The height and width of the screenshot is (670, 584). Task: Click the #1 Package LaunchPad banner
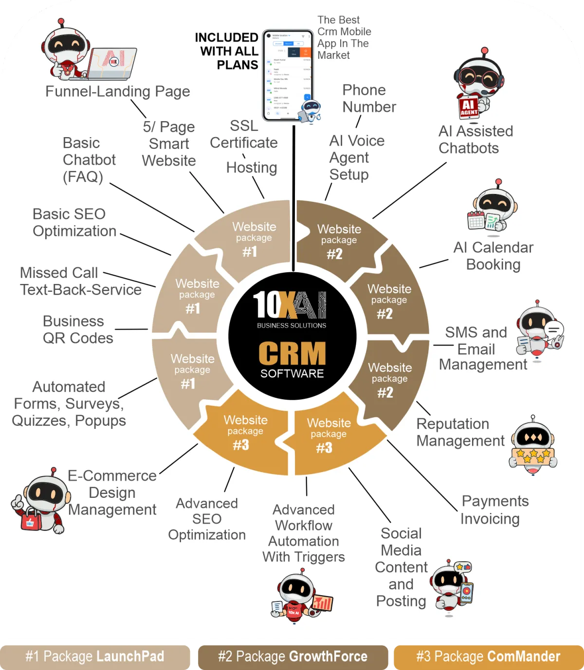coord(95,656)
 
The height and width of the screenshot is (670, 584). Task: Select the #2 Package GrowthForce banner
coord(292,656)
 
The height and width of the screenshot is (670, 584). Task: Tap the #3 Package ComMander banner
coord(488,656)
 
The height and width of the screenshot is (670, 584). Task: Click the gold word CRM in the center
coord(292,353)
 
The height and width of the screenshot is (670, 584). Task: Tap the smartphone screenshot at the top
coord(288,75)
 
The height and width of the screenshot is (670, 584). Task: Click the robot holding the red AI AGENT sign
coord(477,85)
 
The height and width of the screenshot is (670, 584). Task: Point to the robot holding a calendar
coord(493,207)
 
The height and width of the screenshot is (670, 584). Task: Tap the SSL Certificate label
coord(244,134)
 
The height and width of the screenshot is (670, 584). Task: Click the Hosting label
coord(252,167)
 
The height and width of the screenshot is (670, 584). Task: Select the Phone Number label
coord(369,98)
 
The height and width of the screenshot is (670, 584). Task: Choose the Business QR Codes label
coord(78,330)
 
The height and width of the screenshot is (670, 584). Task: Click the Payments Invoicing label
coord(494,510)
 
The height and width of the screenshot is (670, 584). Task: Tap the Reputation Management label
coord(460,432)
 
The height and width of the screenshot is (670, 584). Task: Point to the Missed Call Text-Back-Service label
coord(80,281)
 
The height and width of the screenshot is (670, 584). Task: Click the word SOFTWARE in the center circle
coord(292,373)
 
